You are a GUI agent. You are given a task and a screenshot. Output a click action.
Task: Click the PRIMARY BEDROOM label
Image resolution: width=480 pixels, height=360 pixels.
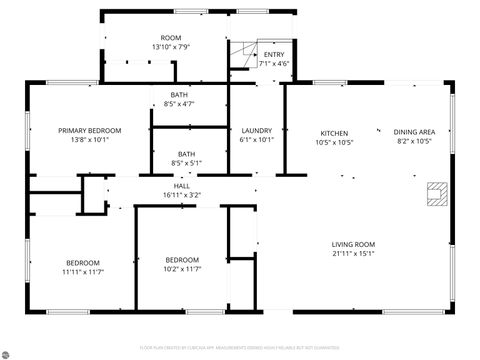89,131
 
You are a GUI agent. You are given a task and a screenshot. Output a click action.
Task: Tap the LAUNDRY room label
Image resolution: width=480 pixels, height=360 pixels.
257,131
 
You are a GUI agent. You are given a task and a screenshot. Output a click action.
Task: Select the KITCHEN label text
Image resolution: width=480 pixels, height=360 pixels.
333,133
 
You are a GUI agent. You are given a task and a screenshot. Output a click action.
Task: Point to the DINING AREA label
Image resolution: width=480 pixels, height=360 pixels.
413,133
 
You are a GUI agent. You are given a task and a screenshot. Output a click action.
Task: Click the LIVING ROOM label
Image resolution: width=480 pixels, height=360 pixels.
353,244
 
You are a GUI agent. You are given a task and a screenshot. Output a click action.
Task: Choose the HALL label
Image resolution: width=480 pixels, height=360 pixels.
181,186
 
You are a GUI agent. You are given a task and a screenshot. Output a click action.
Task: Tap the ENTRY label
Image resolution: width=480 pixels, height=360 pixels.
273,55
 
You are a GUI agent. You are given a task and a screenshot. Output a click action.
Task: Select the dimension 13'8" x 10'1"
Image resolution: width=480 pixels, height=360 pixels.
89,141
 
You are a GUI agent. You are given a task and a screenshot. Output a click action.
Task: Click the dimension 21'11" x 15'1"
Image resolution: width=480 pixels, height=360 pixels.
353,253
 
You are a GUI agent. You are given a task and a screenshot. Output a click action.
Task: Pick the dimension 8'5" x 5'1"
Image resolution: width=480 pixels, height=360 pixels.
186,163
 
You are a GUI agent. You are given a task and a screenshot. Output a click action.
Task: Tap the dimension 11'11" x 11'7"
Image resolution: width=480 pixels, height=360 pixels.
83,271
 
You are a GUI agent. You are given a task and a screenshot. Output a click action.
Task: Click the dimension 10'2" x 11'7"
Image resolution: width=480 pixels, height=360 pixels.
182,268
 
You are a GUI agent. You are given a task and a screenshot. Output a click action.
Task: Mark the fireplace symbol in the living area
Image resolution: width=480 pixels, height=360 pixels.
436,193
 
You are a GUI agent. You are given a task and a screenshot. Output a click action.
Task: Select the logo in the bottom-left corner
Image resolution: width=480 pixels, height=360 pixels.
9,351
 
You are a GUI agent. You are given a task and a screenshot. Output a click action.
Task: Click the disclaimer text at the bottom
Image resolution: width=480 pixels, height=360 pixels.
239,348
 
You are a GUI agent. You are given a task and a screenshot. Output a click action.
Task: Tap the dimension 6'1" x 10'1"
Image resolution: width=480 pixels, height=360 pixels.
257,140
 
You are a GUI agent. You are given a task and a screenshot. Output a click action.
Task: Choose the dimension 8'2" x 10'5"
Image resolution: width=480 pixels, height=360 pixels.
413,142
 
